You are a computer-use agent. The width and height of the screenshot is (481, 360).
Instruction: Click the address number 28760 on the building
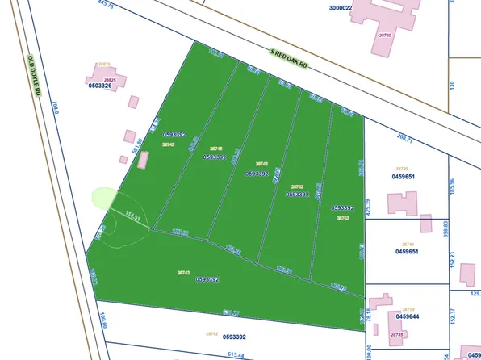click(385, 36)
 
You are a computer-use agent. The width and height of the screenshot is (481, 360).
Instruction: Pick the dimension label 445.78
click(83, 6)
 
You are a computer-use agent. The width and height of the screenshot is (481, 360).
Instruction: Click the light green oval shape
click(103, 197)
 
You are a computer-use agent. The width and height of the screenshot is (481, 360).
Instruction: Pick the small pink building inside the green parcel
click(144, 158)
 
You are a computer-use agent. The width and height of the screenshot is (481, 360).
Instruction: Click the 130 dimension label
click(453, 84)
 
